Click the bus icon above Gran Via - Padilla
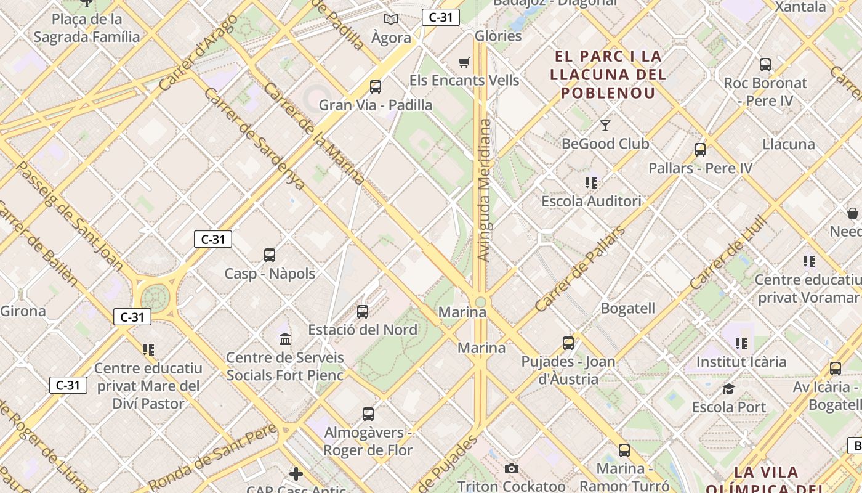376,87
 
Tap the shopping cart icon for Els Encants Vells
464,62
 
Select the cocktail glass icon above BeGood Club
605,126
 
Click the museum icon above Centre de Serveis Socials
285,339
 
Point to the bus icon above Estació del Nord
363,312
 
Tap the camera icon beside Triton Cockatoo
511,469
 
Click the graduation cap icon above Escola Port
729,389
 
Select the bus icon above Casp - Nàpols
270,255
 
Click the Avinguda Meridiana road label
485,190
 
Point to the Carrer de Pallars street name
579,269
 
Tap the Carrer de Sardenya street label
254,139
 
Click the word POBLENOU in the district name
606,93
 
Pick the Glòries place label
498,36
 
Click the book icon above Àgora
391,19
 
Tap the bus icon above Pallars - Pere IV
700,150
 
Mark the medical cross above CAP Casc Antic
296,473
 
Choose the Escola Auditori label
591,201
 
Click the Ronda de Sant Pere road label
212,458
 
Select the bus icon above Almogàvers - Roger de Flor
368,414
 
